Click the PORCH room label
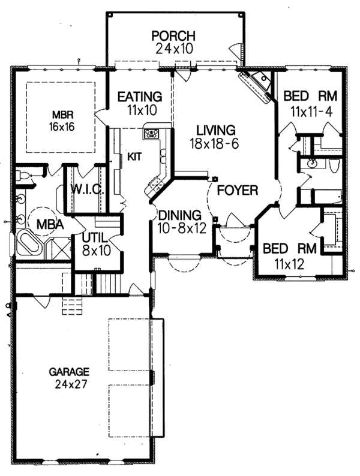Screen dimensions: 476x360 [174, 35]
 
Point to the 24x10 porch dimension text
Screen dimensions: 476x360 [174, 49]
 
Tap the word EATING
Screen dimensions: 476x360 [139, 96]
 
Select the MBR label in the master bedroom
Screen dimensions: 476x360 [59, 114]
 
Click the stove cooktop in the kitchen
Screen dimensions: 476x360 [151, 133]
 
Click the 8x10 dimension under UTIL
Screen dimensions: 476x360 [97, 251]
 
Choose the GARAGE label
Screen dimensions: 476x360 [70, 371]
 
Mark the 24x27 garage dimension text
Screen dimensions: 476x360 [70, 384]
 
